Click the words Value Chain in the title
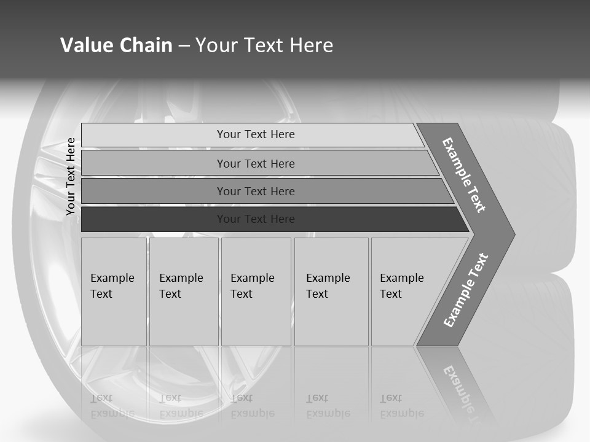(x=116, y=45)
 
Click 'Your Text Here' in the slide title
(x=264, y=45)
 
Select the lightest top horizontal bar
(x=256, y=134)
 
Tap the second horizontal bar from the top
(x=256, y=163)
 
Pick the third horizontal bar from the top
(x=256, y=191)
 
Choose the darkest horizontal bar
(x=256, y=219)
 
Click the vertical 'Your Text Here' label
(x=71, y=176)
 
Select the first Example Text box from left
(x=114, y=292)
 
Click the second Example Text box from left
(x=183, y=292)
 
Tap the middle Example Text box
(x=256, y=292)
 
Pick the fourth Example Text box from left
(x=331, y=292)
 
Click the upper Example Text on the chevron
(x=464, y=175)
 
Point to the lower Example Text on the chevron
(x=466, y=290)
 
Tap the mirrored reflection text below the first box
(x=113, y=405)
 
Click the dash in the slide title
(x=184, y=45)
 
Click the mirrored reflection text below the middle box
(x=252, y=405)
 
